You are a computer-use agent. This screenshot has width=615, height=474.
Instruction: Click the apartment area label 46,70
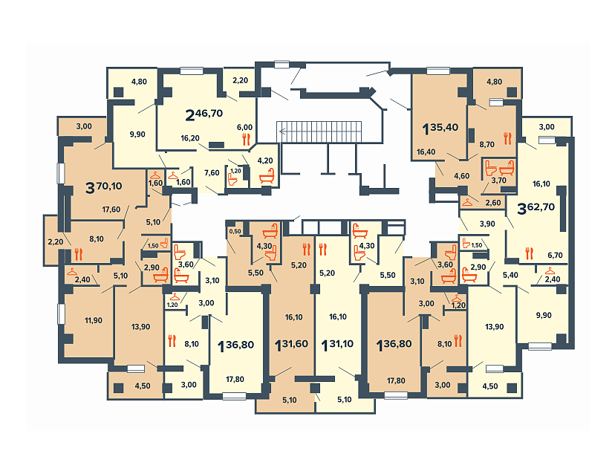(x=209, y=114)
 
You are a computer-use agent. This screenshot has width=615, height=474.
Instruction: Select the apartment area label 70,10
(x=109, y=186)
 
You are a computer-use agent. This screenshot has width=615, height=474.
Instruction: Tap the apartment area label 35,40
(x=444, y=127)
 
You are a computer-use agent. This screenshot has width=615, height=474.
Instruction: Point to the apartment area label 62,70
(x=541, y=207)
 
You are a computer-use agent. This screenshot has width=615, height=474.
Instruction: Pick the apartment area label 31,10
(x=340, y=344)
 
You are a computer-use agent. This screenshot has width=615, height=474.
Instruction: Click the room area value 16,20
(x=190, y=138)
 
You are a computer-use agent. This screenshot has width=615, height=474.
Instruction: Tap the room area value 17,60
(x=111, y=210)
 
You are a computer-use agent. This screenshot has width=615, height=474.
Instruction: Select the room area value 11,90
(x=94, y=320)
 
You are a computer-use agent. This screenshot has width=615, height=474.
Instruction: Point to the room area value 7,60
(x=212, y=172)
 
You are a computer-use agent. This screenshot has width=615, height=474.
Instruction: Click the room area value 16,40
(x=426, y=152)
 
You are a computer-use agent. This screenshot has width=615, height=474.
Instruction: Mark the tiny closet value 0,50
(x=235, y=232)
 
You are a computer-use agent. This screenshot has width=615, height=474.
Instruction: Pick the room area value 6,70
(x=555, y=256)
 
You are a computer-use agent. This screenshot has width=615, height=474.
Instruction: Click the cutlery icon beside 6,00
(x=247, y=139)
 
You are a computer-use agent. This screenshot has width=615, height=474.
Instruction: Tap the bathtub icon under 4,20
(x=267, y=176)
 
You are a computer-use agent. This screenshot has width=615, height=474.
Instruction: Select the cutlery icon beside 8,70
(x=507, y=138)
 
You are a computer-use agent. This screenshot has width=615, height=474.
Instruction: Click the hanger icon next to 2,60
(x=467, y=203)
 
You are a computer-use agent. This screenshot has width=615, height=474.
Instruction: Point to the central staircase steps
(x=319, y=132)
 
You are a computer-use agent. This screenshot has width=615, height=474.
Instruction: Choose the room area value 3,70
(x=498, y=181)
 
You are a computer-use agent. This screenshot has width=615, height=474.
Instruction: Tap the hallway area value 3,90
(x=487, y=224)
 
